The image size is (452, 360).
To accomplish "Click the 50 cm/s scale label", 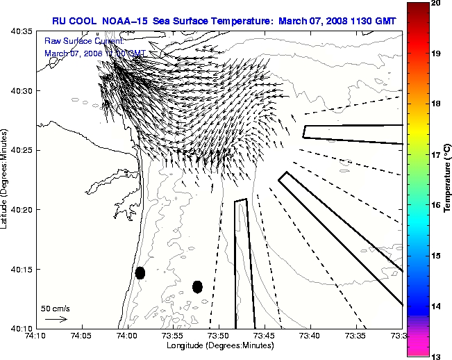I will point(56,308).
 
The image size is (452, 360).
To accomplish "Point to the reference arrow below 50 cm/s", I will point(56,319).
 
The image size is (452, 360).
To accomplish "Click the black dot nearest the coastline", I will point(140,272).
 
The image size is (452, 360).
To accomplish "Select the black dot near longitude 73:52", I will point(197,286).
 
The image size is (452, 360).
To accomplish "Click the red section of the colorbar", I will point(417,28).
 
